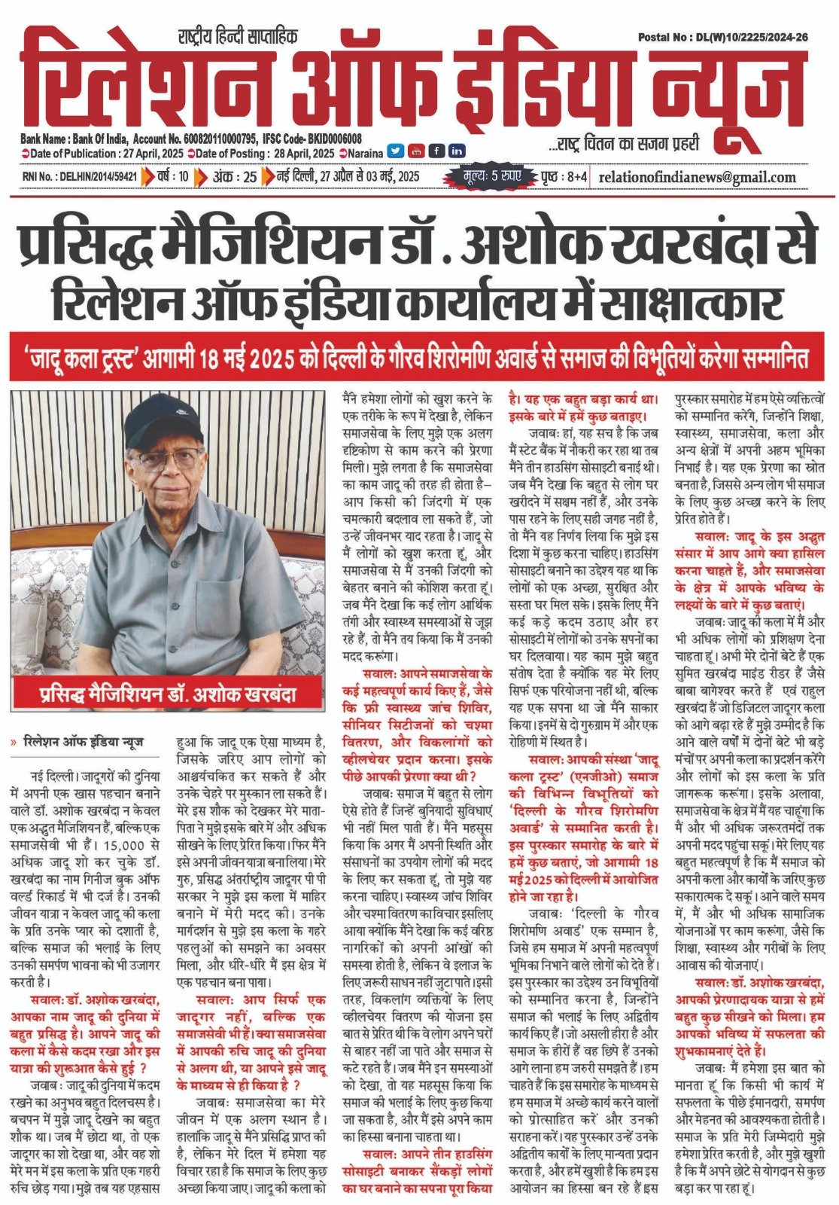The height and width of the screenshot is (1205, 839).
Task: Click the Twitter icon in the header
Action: [396, 151]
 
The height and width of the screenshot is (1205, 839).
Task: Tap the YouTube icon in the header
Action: [415, 151]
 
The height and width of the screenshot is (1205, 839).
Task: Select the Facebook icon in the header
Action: [436, 151]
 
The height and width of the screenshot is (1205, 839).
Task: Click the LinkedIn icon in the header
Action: [456, 151]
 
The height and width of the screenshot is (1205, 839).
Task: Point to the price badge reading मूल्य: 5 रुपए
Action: [493, 177]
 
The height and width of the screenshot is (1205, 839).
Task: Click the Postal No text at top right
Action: [723, 37]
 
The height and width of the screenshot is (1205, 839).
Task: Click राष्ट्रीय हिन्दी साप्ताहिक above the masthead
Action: [238, 35]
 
